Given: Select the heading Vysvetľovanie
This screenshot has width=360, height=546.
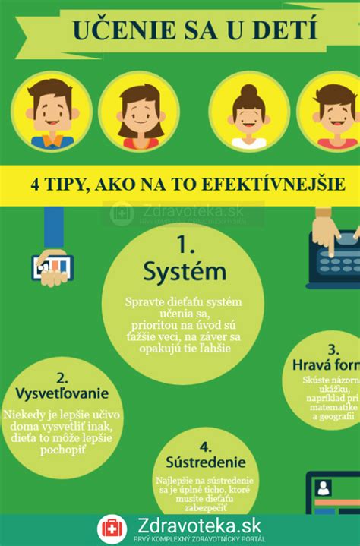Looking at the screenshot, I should pyautogui.click(x=62, y=394).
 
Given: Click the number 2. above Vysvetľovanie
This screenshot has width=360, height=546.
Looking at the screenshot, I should pyautogui.click(x=62, y=377).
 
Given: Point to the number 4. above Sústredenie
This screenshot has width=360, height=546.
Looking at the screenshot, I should pyautogui.click(x=205, y=446).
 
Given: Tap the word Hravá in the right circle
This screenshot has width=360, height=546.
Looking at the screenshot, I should pyautogui.click(x=311, y=365).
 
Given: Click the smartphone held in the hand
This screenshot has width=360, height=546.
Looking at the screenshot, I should pyautogui.click(x=52, y=265).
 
